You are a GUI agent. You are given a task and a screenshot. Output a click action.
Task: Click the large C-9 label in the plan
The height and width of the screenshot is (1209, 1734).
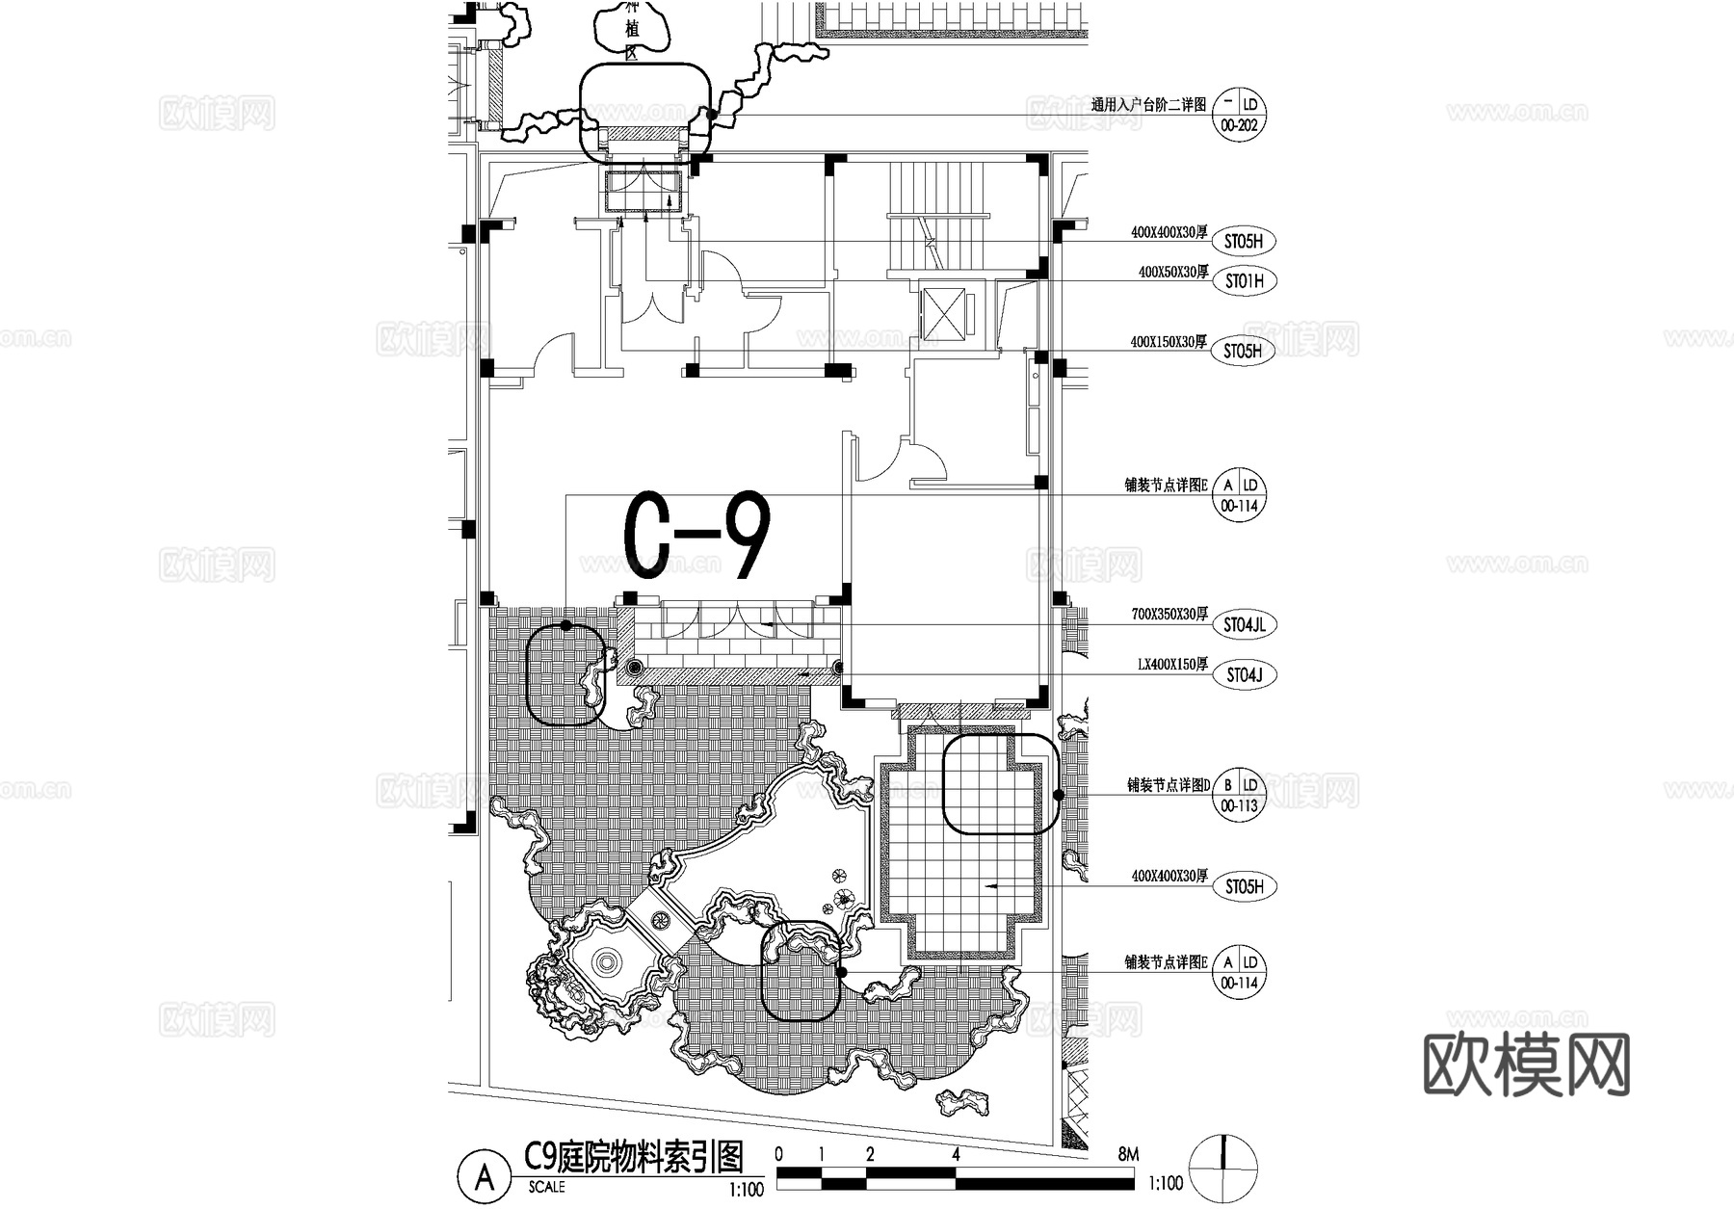(x=697, y=536)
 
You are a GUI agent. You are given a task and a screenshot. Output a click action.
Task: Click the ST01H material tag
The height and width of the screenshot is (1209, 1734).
(x=1244, y=281)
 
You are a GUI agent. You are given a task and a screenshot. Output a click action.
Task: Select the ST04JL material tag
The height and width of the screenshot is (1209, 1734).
(x=1244, y=624)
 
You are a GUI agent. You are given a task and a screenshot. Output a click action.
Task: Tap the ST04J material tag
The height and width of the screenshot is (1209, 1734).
(x=1244, y=675)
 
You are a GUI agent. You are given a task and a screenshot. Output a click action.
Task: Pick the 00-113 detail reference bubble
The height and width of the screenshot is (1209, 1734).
(x=1239, y=806)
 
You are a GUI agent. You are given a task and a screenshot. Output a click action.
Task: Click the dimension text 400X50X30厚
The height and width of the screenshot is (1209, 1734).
(x=1172, y=273)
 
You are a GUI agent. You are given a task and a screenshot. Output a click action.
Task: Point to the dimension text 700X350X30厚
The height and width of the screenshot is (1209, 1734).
(x=1169, y=615)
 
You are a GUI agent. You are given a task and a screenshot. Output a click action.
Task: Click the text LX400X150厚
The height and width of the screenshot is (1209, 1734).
(x=1171, y=665)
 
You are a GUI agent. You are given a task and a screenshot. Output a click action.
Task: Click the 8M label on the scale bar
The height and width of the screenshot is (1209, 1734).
(x=1128, y=1154)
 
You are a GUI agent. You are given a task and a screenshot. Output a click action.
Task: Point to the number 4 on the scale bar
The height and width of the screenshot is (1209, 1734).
(x=955, y=1154)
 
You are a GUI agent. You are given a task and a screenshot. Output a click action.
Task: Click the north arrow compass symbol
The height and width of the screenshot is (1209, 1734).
(x=1223, y=1170)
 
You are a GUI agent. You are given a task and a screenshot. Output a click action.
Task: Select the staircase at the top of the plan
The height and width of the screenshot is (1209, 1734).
(x=938, y=216)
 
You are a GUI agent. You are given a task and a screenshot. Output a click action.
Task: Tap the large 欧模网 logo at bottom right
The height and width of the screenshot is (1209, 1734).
(x=1527, y=1065)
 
